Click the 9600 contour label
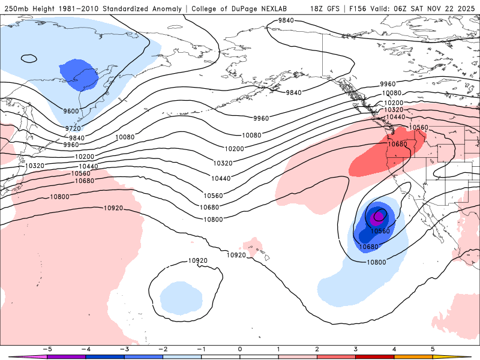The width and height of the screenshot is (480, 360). point(71,111)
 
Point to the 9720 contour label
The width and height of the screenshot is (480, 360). point(73,129)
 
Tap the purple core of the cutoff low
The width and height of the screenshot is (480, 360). point(379,216)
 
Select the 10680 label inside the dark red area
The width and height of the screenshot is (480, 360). point(398,144)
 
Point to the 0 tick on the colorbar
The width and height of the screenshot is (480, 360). point(240,349)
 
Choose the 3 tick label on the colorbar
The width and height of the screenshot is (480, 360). point(356,349)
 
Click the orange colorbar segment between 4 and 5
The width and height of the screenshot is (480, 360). point(413,356)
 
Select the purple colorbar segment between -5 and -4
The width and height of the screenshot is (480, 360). point(65,356)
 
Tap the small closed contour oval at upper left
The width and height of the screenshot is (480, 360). point(28,58)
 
